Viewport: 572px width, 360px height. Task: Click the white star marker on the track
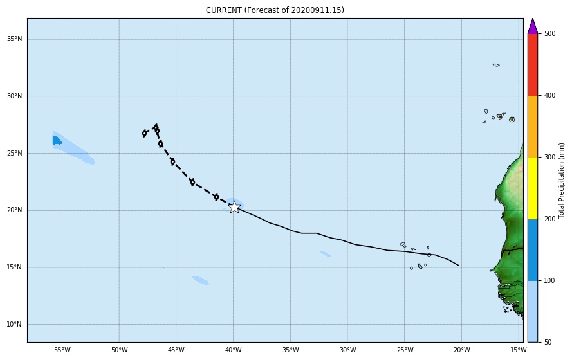(234, 207)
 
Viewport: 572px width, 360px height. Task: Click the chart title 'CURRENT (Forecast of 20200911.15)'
(275, 10)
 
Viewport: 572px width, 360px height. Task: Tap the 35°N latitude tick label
(14, 39)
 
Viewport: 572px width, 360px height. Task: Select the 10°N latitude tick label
(14, 324)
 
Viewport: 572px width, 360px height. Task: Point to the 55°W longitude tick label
(62, 350)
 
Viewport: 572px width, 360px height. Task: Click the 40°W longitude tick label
(233, 350)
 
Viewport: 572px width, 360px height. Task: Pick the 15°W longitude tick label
(518, 350)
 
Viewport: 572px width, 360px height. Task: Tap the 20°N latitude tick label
(14, 210)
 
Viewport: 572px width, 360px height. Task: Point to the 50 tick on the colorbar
(545, 342)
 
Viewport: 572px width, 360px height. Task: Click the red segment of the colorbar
(533, 64)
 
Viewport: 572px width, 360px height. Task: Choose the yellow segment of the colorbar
(533, 188)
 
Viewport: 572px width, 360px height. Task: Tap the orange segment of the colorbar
(533, 126)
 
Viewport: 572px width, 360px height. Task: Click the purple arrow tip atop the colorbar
(532, 25)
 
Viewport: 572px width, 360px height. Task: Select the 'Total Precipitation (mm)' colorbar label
(562, 180)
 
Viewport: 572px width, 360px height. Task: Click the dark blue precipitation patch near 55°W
(57, 140)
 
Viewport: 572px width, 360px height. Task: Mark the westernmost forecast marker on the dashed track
(145, 133)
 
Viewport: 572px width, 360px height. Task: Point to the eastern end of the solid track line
(458, 265)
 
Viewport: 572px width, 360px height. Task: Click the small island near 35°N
(496, 65)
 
